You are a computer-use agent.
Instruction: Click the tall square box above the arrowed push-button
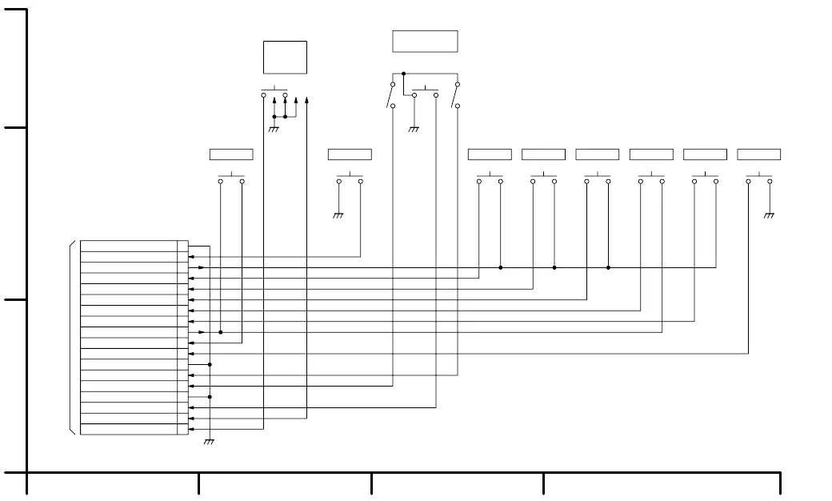click(x=285, y=58)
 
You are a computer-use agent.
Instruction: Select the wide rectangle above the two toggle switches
click(x=425, y=41)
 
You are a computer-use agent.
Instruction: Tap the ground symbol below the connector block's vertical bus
click(x=210, y=442)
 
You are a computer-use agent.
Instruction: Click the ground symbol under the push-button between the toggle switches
click(x=414, y=129)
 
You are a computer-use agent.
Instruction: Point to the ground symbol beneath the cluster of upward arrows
click(x=274, y=129)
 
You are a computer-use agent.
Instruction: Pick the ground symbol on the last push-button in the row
click(x=770, y=215)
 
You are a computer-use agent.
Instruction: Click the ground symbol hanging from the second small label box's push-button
click(x=338, y=215)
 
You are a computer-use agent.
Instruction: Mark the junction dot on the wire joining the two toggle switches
click(x=403, y=73)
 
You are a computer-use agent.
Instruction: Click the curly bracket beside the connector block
click(x=73, y=337)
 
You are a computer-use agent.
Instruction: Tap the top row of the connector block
click(x=129, y=246)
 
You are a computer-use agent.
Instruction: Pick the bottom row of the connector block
click(x=129, y=430)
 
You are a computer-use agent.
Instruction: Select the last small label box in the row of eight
click(x=758, y=154)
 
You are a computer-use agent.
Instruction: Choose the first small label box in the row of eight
click(x=231, y=154)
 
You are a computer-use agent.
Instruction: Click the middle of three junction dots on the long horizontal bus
click(x=554, y=267)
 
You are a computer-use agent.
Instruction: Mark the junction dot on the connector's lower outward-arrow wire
click(x=220, y=332)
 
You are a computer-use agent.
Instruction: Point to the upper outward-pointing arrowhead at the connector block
click(x=202, y=267)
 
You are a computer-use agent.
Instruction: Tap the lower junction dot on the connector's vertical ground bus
click(x=210, y=396)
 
